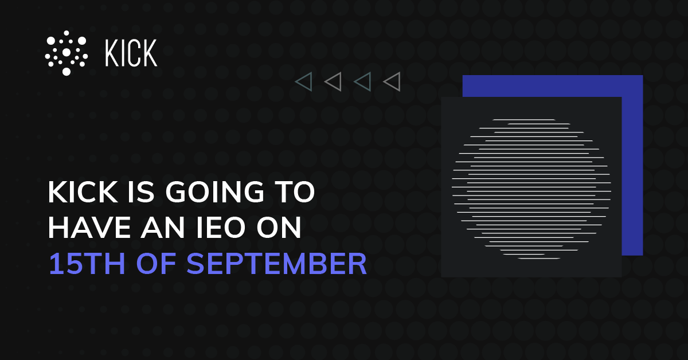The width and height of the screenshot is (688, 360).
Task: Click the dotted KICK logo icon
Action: coord(66,53)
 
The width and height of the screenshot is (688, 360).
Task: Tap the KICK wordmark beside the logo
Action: coord(131,53)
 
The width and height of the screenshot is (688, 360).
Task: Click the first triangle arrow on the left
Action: coord(303,82)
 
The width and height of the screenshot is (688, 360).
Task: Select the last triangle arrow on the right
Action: coord(392,82)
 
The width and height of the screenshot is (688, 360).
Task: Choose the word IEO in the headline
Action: coord(218,229)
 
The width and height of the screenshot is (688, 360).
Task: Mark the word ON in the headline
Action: coord(281,229)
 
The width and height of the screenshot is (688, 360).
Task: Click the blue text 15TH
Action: coord(80,264)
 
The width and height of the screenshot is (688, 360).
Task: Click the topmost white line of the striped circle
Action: coord(523,120)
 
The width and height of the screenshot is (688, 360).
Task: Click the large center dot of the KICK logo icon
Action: coord(66,53)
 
